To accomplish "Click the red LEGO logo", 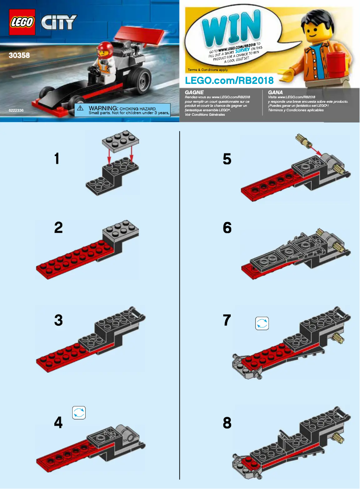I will coord(22,22).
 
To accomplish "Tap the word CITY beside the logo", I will coord(59,22).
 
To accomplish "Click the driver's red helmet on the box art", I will coord(105,48).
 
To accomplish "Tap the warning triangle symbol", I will coord(81,109).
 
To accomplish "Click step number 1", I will coord(57,158).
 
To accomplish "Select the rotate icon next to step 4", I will coord(79,413).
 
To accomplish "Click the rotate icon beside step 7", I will coord(262,323).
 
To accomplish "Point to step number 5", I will coord(227,159).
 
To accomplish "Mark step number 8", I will coord(227,423).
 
